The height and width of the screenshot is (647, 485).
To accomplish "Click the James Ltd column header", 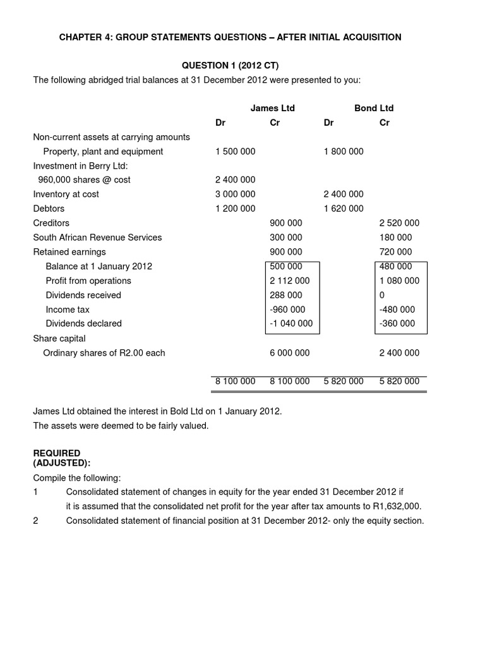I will (x=272, y=108).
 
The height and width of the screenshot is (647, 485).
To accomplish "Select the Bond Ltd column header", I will (x=374, y=108).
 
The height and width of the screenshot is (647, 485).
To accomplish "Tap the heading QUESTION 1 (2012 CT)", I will (x=230, y=66).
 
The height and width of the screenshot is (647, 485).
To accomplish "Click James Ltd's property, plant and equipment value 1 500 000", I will (x=235, y=152).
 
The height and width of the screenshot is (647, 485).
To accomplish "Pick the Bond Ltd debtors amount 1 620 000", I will (x=344, y=209).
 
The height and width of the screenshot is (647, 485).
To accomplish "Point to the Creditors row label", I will (x=51, y=223).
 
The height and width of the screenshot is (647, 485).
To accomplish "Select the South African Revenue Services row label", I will (x=97, y=238).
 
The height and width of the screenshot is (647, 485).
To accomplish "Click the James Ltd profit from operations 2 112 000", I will (x=290, y=281).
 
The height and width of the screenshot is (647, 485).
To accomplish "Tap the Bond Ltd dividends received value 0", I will (x=381, y=295).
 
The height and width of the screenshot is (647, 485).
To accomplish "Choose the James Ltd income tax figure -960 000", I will (x=287, y=310).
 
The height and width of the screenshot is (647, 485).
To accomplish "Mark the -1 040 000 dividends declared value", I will (x=290, y=323).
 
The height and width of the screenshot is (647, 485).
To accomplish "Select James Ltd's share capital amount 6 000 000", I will (x=290, y=353).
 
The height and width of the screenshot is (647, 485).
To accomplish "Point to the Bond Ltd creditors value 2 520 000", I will (x=399, y=223).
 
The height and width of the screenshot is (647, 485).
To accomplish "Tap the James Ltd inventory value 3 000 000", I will (x=235, y=195).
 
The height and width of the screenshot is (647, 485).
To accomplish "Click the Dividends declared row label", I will (x=83, y=323).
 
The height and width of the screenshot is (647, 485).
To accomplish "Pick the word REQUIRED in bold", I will (x=57, y=454).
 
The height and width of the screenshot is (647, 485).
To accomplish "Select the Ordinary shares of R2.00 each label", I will (x=104, y=353).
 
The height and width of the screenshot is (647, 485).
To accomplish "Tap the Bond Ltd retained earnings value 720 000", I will (x=395, y=252).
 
